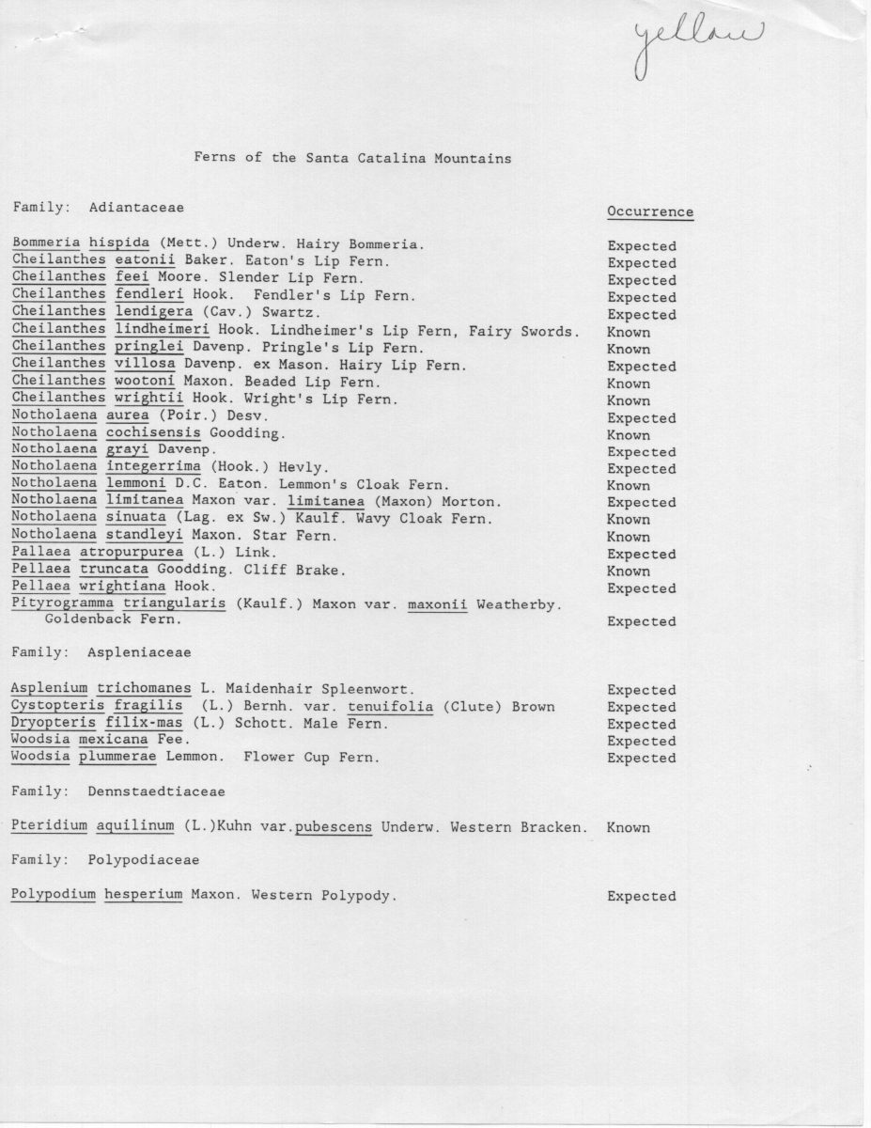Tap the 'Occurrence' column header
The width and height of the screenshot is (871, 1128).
coord(650,211)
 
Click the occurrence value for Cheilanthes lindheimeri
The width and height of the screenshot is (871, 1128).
coord(629,332)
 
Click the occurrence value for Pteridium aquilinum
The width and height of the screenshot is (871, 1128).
coord(629,828)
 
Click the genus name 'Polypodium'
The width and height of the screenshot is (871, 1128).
coord(54,895)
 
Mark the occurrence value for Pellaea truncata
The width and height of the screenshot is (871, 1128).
coord(629,571)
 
